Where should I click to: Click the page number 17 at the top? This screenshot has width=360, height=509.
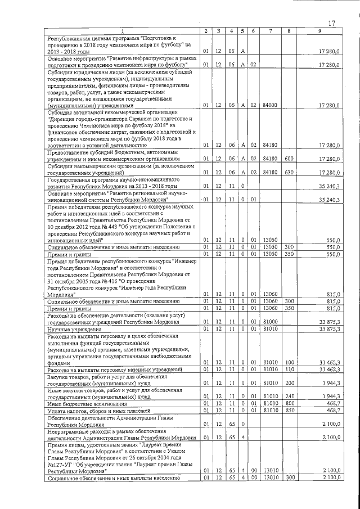coord(331,23)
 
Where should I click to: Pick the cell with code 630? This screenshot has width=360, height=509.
coord(289,172)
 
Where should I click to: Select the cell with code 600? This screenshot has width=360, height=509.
coord(289,159)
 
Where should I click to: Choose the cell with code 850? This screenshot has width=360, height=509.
coord(289,411)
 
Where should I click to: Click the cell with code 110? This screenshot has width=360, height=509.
coord(289,370)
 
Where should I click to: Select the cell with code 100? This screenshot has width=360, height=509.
coord(289,362)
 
